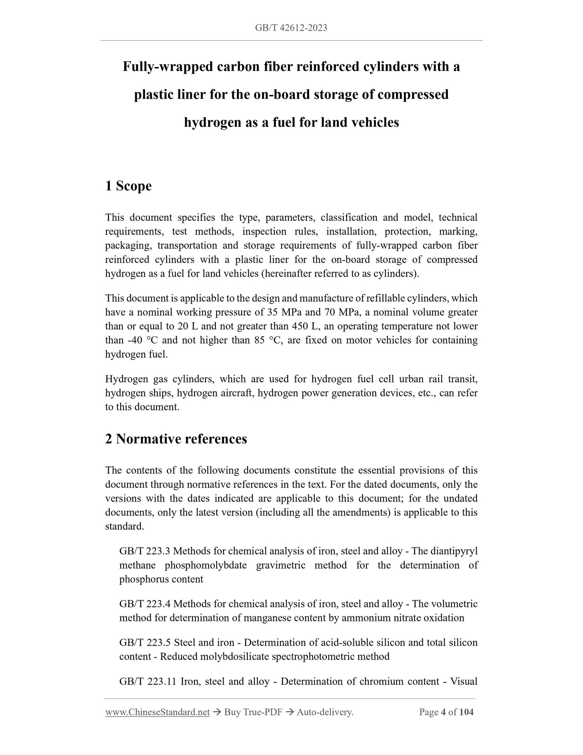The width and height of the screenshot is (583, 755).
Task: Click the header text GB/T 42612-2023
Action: pos(291,28)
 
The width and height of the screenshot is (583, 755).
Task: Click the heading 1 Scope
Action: pos(128,186)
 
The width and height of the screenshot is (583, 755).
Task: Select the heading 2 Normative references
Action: pos(176,439)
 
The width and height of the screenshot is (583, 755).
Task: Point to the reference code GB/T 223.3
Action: pos(144,552)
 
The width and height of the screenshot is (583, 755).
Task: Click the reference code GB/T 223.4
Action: pos(144,604)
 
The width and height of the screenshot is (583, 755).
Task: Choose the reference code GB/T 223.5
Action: pos(144,643)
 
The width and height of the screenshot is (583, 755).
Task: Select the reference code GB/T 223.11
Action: pos(148,682)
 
